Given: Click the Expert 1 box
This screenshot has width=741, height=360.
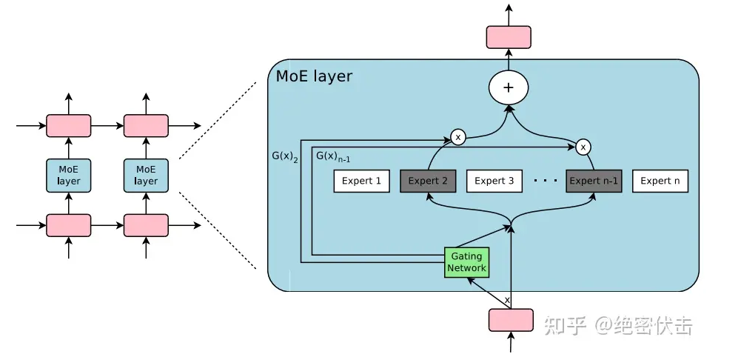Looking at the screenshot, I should [x=362, y=181].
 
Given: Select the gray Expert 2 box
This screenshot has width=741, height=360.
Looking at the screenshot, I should [x=429, y=181].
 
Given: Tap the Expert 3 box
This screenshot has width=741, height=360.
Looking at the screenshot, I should [x=494, y=181].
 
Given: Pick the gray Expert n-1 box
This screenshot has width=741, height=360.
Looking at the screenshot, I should [x=594, y=181].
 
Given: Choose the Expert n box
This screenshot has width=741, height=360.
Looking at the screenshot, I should [x=660, y=181].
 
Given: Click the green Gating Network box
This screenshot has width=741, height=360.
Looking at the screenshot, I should [x=466, y=262].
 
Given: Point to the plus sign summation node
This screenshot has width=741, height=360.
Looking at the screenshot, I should [x=509, y=87].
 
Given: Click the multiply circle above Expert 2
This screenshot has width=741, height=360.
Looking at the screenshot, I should [x=458, y=137].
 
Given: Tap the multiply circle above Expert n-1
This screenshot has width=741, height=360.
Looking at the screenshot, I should [x=584, y=147].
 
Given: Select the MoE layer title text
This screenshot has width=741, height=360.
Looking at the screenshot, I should [x=314, y=76].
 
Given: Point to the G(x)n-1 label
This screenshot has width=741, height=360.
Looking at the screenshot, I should [x=333, y=156].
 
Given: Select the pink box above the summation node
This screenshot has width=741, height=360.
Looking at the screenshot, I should [x=509, y=37].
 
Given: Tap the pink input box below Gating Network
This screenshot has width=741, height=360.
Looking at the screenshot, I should [x=511, y=320].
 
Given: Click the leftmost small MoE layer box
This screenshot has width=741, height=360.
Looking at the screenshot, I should [x=69, y=176].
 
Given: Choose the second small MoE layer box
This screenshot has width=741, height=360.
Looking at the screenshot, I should [x=146, y=176].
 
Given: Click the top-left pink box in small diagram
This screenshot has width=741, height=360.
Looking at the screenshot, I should [x=69, y=126].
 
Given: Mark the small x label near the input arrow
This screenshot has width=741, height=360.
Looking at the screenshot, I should [x=507, y=300].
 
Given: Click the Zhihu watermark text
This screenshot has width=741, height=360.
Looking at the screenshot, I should [x=619, y=325].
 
